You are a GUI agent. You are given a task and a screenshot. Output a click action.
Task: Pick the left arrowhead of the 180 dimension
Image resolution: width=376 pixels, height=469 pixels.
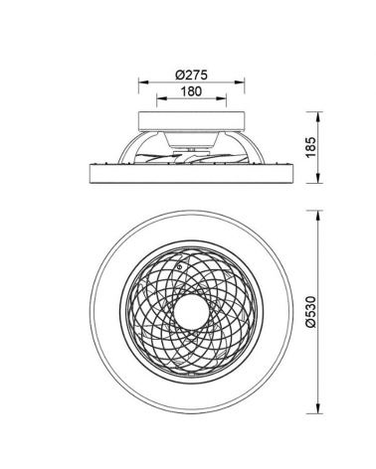pos(160,100)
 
